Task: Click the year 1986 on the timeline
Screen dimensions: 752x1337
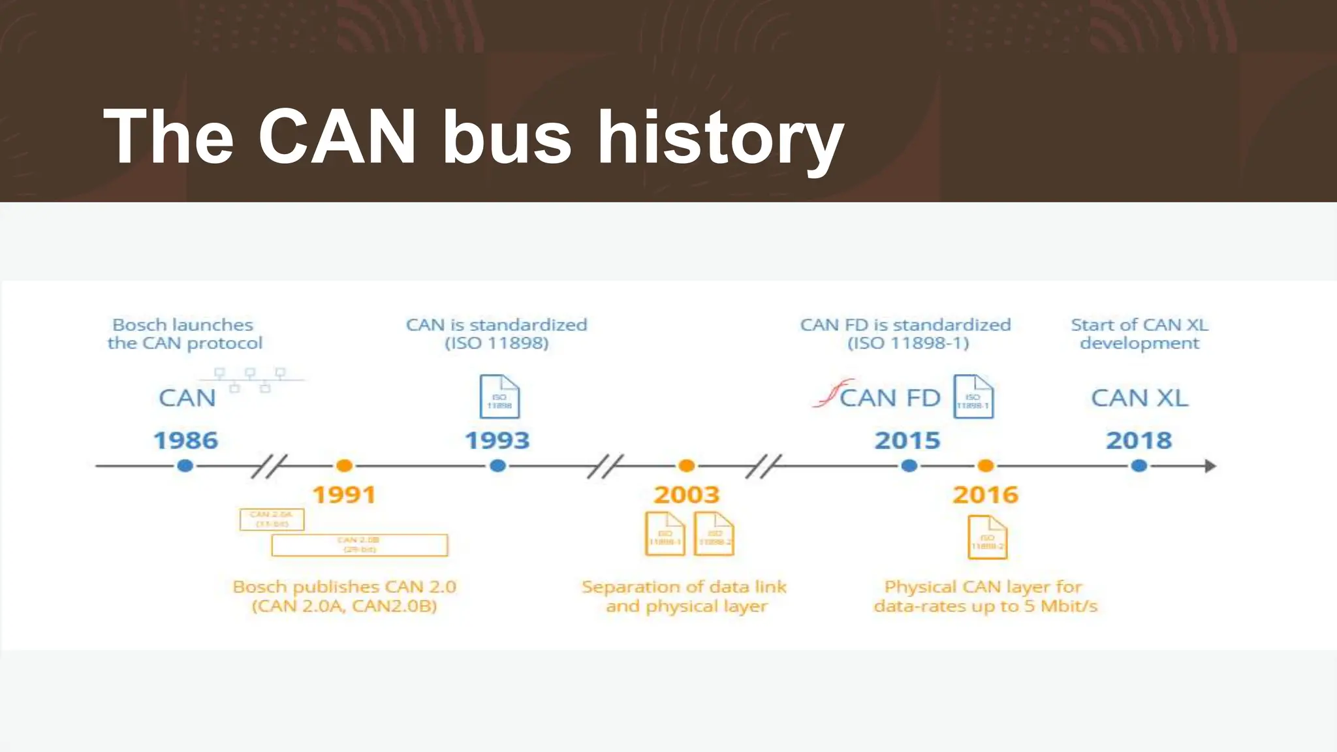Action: click(185, 441)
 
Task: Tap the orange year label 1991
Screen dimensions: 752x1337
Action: click(344, 495)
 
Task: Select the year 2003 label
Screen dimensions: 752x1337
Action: click(686, 495)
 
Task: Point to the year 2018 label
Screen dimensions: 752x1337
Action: click(1139, 441)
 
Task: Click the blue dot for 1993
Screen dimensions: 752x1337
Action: click(497, 466)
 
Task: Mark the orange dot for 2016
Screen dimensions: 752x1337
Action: click(985, 466)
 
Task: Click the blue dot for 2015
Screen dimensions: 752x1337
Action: click(909, 466)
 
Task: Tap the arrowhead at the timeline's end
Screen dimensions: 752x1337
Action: click(1210, 466)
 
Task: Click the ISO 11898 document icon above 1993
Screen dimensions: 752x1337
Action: click(499, 396)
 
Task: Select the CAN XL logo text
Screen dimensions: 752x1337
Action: click(1139, 398)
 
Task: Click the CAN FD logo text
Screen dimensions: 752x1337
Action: click(889, 398)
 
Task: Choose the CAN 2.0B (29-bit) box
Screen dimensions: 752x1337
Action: click(359, 545)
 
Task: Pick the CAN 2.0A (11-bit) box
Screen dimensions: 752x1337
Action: click(272, 520)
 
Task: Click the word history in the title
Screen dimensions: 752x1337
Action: click(721, 137)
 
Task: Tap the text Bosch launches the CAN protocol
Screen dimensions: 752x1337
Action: click(184, 334)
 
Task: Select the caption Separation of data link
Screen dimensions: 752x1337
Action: click(684, 587)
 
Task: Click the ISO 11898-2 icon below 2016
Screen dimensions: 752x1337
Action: click(987, 537)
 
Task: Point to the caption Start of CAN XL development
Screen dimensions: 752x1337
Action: click(1139, 334)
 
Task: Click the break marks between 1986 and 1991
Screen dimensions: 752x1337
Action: click(268, 466)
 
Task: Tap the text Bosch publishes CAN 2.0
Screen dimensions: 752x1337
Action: click(344, 587)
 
